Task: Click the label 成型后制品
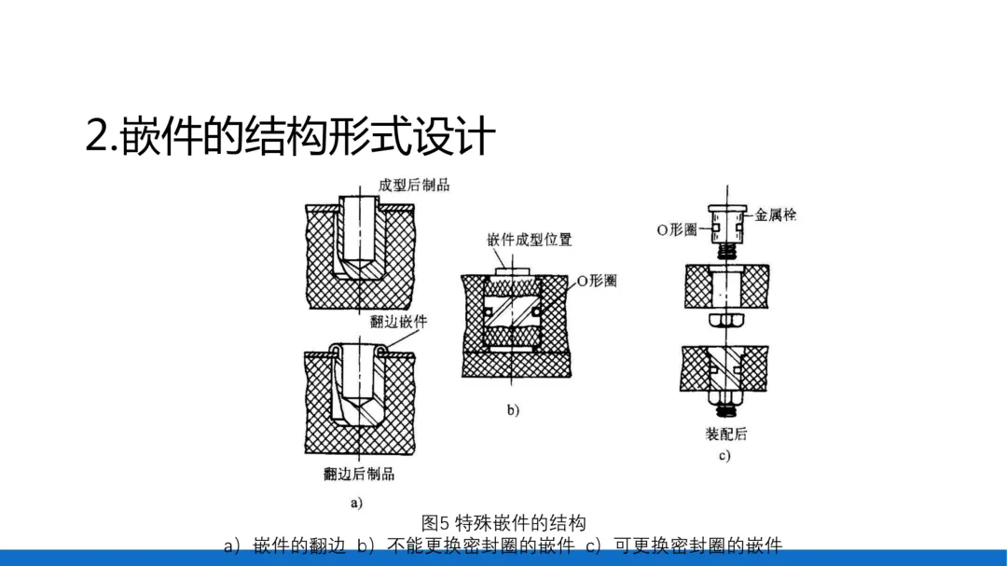(413, 185)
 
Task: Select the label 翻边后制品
(359, 474)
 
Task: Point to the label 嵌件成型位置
(529, 240)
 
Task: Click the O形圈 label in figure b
(596, 281)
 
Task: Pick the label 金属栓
(775, 214)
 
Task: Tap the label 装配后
(725, 434)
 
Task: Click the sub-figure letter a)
(355, 502)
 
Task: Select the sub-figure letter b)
(513, 409)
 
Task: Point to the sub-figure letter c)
(724, 456)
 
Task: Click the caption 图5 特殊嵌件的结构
(504, 521)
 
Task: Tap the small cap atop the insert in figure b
(512, 269)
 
